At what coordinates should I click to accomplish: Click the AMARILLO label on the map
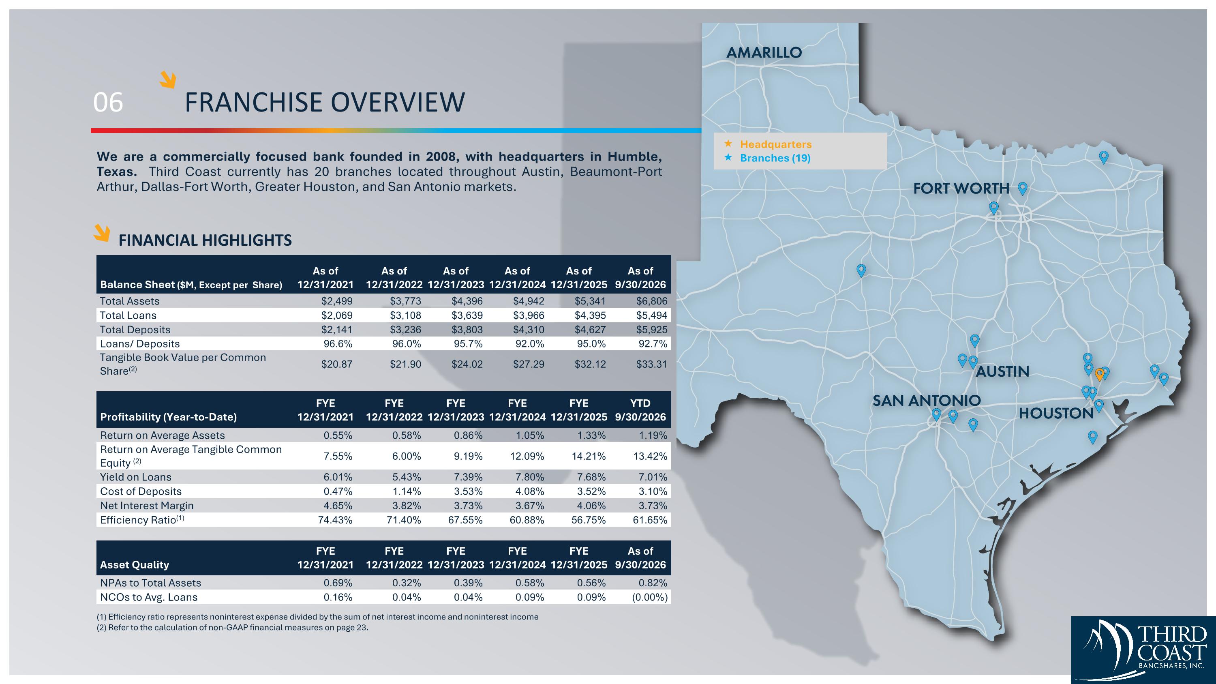point(764,52)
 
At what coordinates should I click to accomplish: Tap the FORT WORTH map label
point(961,189)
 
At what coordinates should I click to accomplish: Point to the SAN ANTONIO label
point(926,401)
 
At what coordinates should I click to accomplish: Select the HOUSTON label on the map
point(1056,414)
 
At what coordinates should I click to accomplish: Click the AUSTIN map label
point(1002,371)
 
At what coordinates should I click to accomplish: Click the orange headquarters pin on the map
point(1099,375)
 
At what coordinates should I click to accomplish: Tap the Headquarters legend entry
point(775,144)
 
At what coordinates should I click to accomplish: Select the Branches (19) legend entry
point(775,158)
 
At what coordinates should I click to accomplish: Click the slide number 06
point(108,103)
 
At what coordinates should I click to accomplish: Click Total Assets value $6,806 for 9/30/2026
point(651,301)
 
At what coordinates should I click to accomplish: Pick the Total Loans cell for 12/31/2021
point(336,315)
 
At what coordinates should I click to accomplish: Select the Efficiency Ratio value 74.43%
point(335,520)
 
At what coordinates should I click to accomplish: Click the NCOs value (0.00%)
point(649,597)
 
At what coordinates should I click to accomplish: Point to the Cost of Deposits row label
point(141,491)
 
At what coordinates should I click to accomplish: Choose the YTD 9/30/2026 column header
point(640,410)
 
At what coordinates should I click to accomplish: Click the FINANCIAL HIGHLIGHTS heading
point(205,240)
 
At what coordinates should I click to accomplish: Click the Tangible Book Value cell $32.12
point(590,364)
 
